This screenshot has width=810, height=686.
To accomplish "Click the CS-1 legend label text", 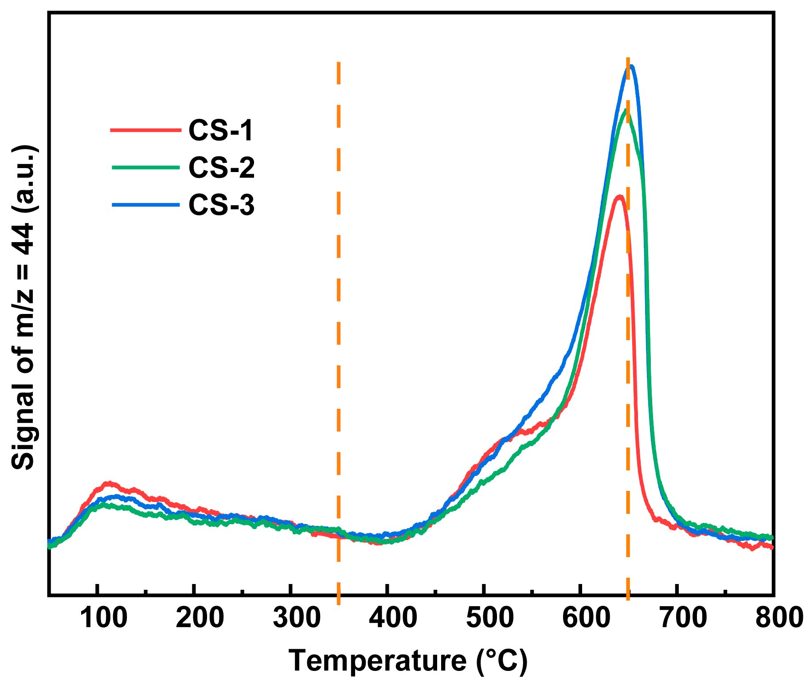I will point(220,130).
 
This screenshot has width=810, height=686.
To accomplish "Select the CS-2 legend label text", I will point(221,168).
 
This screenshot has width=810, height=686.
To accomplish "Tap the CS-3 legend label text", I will point(221,205).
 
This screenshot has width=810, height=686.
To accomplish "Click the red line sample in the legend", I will point(145,130).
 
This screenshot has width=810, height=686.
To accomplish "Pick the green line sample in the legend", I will point(145,167).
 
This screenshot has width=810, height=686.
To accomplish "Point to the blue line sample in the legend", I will point(145,204).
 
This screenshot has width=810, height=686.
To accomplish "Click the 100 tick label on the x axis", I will point(104,618).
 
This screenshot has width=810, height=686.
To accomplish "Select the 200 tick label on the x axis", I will point(200,618).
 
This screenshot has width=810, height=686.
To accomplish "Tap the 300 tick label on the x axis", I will point(297,618).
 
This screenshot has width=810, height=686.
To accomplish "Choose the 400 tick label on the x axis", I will point(393,618).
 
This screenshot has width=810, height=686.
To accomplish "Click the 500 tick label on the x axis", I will point(490,618).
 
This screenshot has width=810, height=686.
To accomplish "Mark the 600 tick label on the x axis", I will point(586,618).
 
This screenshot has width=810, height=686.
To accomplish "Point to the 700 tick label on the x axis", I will point(683,618).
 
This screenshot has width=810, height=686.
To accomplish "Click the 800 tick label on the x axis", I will point(779,618).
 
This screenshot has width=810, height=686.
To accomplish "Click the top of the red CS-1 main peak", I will point(619,196).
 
